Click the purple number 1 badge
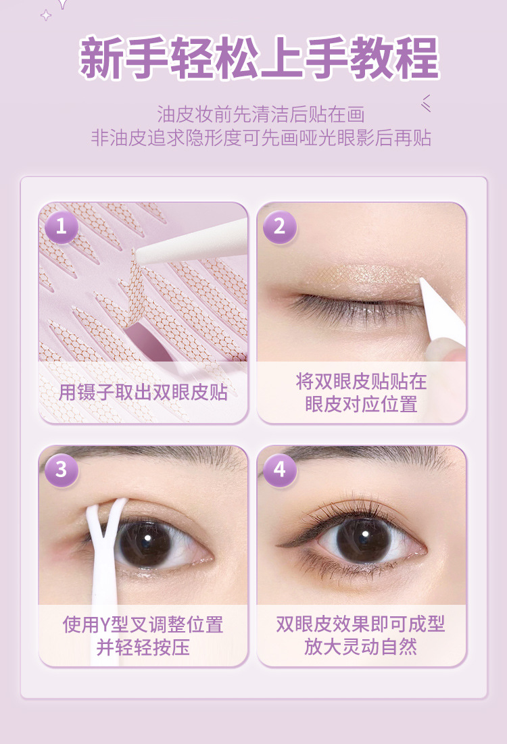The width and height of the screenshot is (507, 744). (62, 227)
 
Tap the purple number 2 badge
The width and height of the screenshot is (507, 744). (280, 227)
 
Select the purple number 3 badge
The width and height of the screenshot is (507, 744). (62, 470)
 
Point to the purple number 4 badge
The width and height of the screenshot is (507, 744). (280, 470)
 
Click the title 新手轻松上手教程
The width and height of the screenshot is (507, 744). (259, 57)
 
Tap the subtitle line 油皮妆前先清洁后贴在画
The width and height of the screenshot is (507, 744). (261, 115)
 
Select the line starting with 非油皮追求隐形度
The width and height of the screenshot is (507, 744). (261, 138)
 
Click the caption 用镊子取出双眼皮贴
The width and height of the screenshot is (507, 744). (143, 393)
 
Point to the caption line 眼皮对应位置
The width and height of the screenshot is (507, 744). (361, 405)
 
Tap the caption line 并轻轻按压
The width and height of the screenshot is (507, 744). (143, 647)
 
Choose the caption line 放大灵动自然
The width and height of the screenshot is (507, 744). (361, 647)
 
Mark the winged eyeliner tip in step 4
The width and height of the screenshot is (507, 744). (278, 545)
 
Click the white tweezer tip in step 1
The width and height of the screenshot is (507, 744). (137, 255)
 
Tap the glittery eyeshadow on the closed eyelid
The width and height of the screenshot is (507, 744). (361, 278)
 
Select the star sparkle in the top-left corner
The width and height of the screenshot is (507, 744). (46, 16)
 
